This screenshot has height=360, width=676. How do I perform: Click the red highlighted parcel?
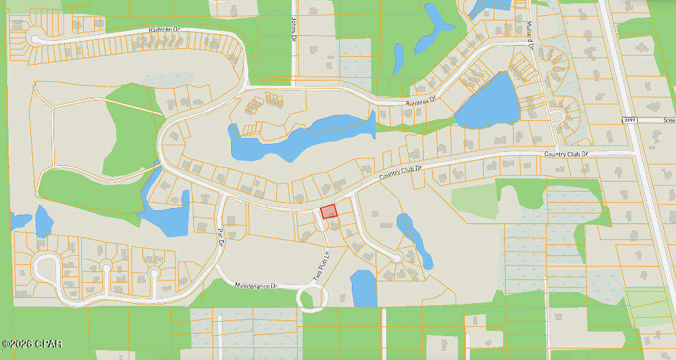click(x=328, y=211)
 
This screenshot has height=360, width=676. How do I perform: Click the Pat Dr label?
click(x=220, y=236)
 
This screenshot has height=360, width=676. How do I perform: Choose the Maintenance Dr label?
click(x=257, y=286)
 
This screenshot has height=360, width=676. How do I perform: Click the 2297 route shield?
click(x=630, y=119)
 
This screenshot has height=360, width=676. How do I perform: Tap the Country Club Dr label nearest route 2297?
click(x=566, y=155)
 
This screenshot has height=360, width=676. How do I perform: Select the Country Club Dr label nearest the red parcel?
click(x=401, y=174)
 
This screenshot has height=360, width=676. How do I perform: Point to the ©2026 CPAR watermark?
click(x=32, y=344)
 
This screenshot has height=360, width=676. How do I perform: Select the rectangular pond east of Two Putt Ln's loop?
click(x=363, y=288)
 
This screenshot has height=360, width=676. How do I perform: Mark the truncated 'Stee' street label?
click(x=669, y=120)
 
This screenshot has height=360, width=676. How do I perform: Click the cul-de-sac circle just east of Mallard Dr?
click(x=557, y=117)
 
